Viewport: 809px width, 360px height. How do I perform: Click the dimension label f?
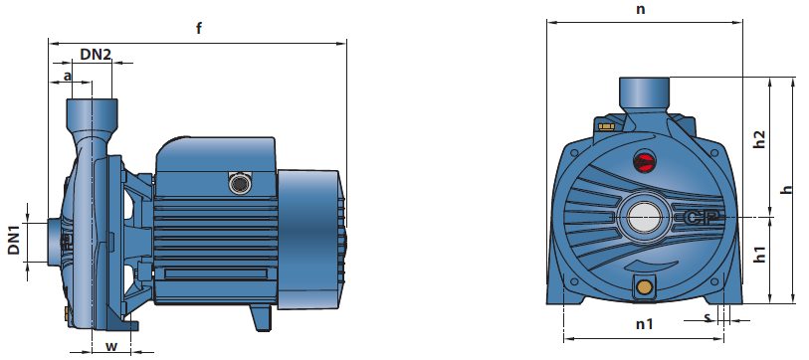pos(199,28)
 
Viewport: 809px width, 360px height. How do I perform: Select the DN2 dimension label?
pos(96,54)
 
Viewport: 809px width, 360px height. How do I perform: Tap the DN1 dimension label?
pos(14,240)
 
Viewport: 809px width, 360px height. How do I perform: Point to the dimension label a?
pos(67,76)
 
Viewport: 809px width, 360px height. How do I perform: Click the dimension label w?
pos(110,346)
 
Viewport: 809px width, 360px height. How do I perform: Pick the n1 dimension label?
pos(644,324)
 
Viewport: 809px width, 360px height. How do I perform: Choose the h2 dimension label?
pos(759,138)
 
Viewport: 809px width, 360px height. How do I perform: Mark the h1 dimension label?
pos(759,254)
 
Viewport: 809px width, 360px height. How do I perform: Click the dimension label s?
pos(708,317)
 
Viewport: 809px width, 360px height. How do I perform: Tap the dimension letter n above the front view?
pos(640,9)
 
